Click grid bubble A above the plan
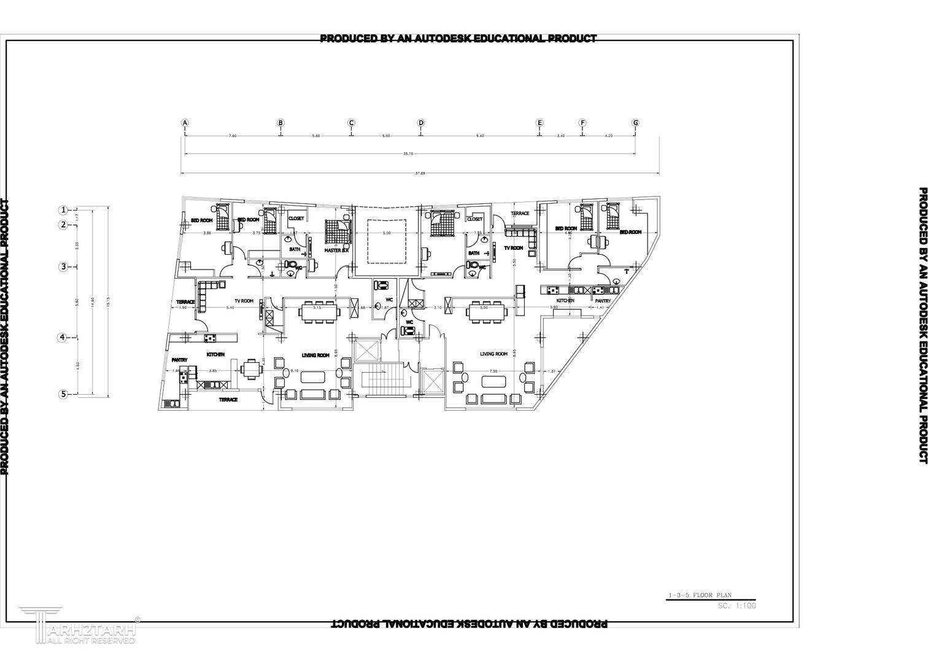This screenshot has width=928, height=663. coord(185,123)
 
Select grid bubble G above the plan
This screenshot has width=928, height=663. coord(635,123)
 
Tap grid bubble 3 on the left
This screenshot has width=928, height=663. coord(63,266)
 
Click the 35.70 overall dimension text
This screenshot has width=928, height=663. coord(408,154)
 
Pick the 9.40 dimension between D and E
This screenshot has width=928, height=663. coord(480,136)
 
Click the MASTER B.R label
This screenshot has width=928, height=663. coord(336,250)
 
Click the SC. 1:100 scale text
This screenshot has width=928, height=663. coord(737,605)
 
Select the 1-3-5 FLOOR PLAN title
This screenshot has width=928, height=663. coord(700,595)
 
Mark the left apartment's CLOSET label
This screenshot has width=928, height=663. coord(296,219)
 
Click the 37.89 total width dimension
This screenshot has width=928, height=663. coord(420,173)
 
